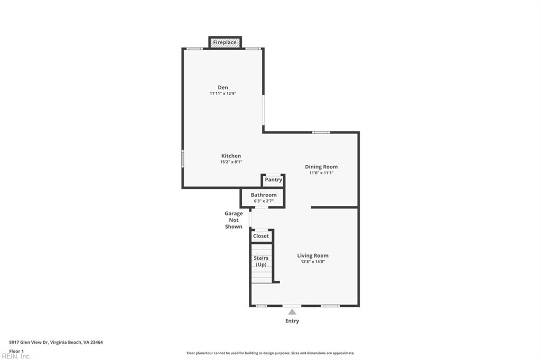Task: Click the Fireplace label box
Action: tap(225, 42)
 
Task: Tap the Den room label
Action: tap(223, 88)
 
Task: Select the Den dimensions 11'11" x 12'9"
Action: tap(223, 93)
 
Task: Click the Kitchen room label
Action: tap(231, 156)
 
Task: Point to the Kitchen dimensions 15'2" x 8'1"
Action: tap(231, 162)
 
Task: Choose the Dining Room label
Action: tap(321, 167)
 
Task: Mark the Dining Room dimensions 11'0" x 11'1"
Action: tap(321, 173)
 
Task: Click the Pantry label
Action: tap(273, 180)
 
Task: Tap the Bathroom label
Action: tap(264, 195)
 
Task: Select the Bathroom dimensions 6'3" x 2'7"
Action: tap(264, 201)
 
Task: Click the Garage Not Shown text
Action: tap(234, 220)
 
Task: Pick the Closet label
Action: tap(261, 236)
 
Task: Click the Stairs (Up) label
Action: tap(261, 261)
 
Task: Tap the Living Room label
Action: tap(313, 255)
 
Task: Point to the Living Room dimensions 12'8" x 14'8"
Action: tap(313, 261)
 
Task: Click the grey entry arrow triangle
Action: tap(292, 312)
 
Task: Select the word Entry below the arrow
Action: tap(292, 321)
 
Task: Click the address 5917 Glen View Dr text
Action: tap(56, 342)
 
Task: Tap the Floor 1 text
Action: tap(16, 351)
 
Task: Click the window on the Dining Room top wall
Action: tap(321, 132)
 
